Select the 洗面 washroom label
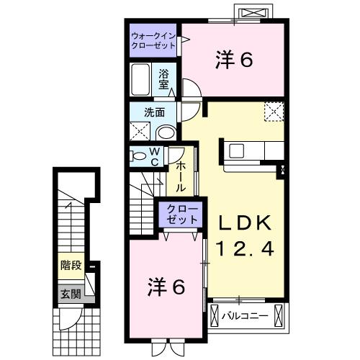154,112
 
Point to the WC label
154,156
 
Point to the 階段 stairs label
70,265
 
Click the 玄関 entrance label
71,293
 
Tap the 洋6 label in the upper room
233,61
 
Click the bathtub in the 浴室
141,79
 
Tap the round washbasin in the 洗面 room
165,131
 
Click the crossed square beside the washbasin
140,131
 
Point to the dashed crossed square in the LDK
273,112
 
